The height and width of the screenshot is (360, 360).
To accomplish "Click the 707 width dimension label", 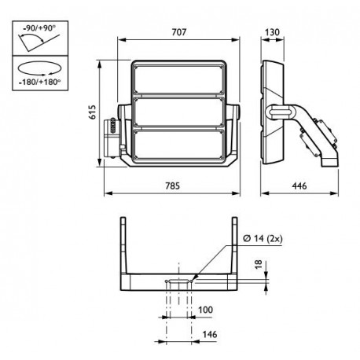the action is click(x=179, y=32).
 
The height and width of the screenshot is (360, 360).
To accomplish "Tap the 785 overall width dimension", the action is click(x=173, y=186).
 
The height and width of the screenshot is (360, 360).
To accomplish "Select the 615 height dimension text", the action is click(x=93, y=112).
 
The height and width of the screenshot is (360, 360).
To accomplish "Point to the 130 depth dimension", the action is click(x=272, y=32).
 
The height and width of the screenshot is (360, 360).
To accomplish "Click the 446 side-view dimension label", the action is click(x=299, y=186).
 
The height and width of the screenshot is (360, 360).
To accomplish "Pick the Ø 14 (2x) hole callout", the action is click(x=263, y=239).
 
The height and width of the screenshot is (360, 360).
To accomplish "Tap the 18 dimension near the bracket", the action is click(x=259, y=264).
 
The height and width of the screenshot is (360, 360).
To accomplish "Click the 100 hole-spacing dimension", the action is click(x=205, y=310).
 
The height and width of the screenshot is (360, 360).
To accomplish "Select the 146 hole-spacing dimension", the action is click(x=210, y=334).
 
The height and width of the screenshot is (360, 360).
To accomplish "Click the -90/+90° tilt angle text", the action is click(x=39, y=28).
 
